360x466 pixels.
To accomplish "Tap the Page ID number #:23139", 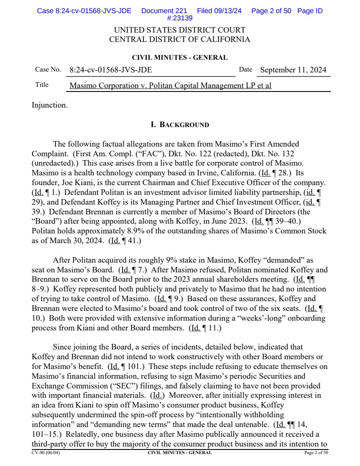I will click(x=180, y=18).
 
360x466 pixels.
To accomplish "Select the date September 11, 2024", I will click(x=293, y=70).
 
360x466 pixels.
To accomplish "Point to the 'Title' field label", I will click(x=42, y=85).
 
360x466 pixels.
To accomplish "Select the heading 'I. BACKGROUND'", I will click(x=180, y=125).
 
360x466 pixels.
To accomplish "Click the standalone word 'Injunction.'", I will click(x=50, y=105).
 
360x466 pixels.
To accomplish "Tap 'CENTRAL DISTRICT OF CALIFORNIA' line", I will click(x=180, y=40).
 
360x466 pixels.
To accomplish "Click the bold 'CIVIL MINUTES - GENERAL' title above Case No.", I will click(x=180, y=58).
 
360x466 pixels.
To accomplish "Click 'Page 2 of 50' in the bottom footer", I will click(x=316, y=453).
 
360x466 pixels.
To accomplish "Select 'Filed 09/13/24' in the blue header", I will click(x=219, y=11).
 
